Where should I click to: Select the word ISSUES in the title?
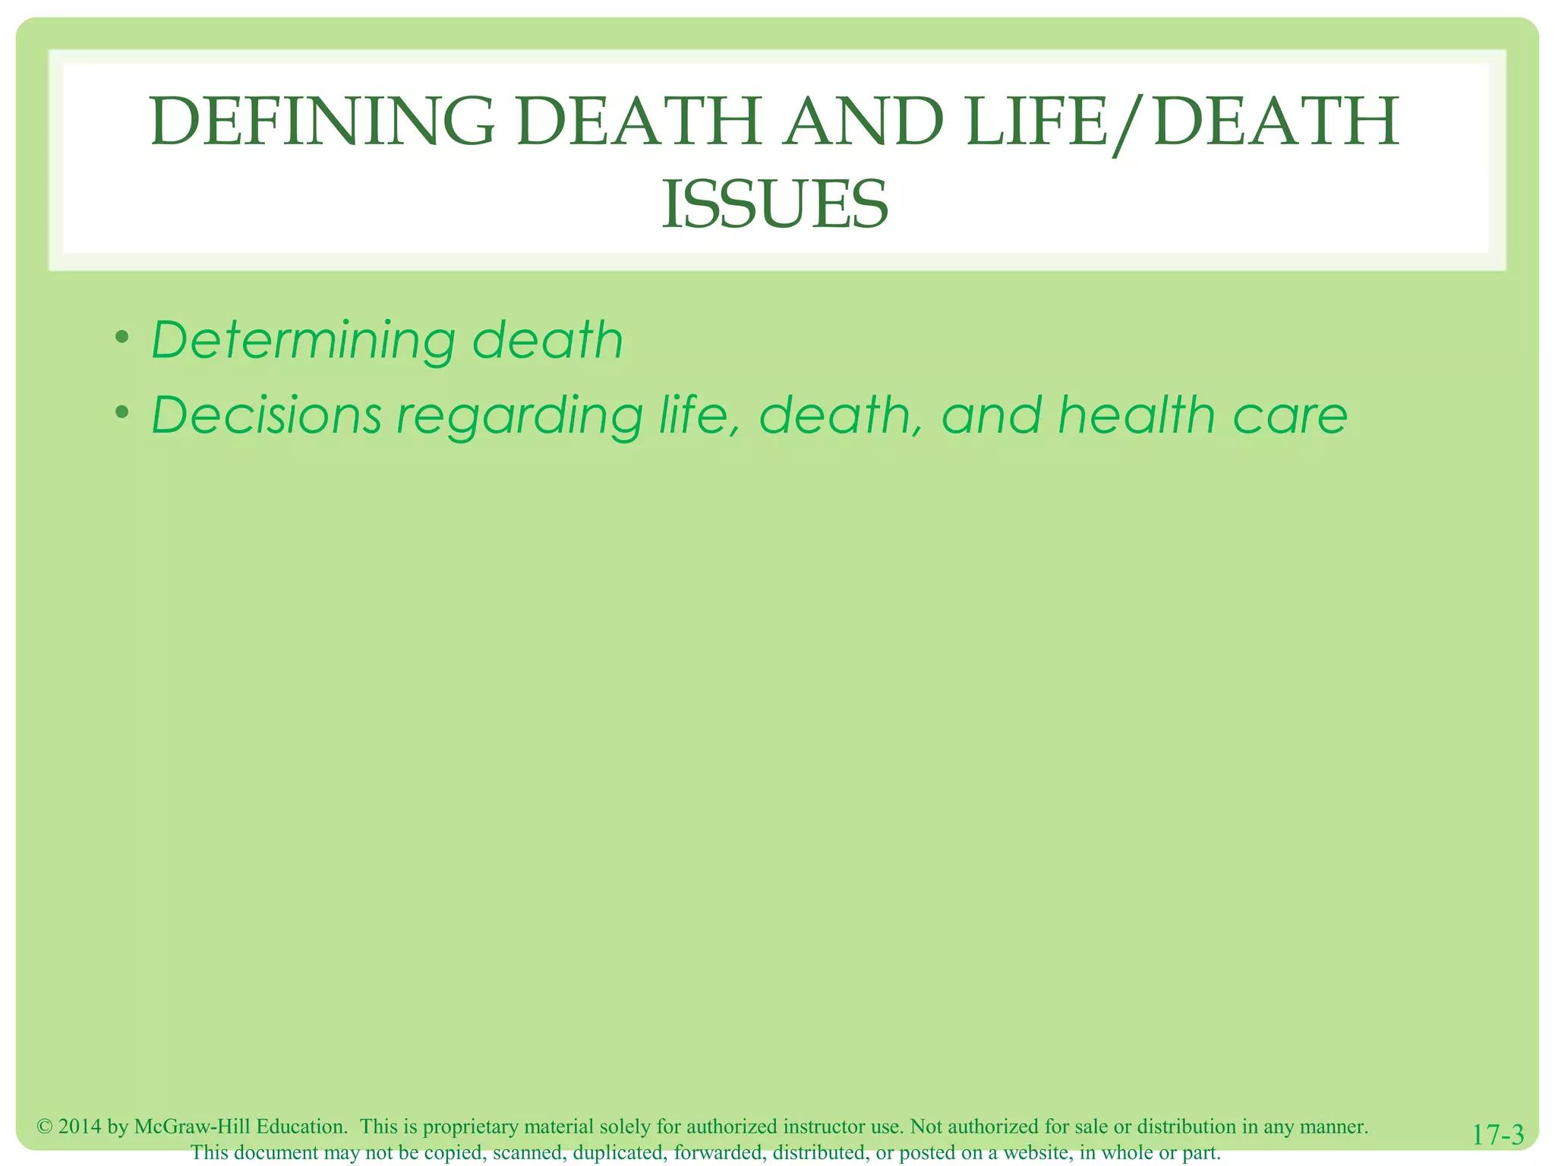click(x=775, y=204)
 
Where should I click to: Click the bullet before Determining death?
click(x=122, y=336)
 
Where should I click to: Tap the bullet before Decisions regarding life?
click(x=122, y=411)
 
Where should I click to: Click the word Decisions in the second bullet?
click(x=267, y=415)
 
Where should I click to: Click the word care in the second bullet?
click(x=1290, y=417)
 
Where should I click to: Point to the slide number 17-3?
click(x=1497, y=1135)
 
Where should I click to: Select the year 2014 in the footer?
click(x=80, y=1127)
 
